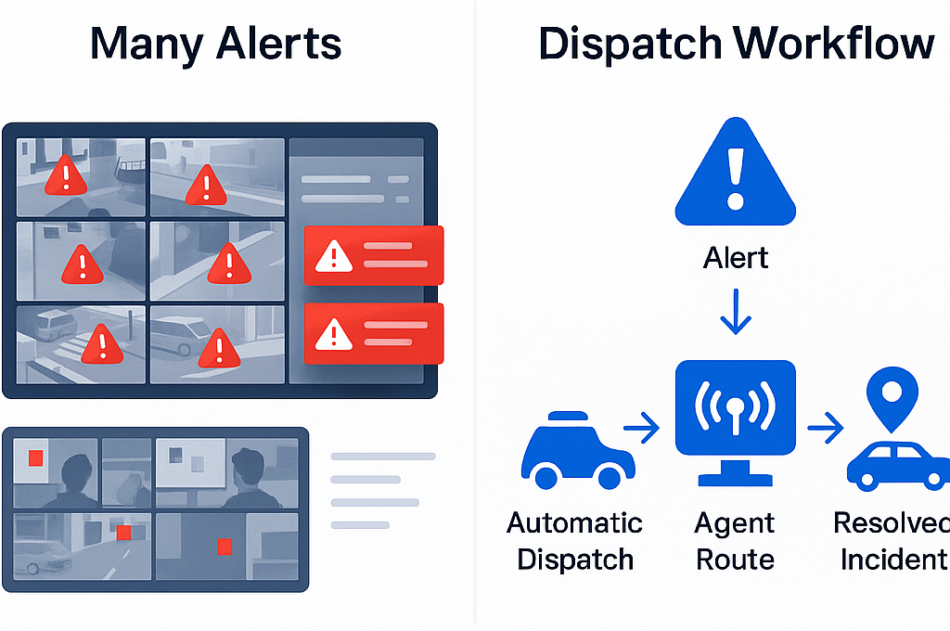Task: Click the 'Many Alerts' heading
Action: pyautogui.click(x=215, y=44)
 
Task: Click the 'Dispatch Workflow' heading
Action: pyautogui.click(x=736, y=44)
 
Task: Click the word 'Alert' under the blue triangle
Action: pyautogui.click(x=736, y=258)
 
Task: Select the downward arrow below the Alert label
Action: pyautogui.click(x=736, y=312)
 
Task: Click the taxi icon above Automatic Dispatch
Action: pyautogui.click(x=575, y=451)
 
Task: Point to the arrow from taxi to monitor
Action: pyautogui.click(x=641, y=429)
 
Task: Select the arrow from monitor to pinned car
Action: pyautogui.click(x=825, y=429)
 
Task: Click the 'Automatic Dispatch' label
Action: pyautogui.click(x=575, y=542)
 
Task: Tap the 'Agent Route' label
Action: pyautogui.click(x=735, y=542)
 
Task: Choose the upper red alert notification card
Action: pyautogui.click(x=374, y=255)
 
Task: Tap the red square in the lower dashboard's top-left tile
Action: pyautogui.click(x=36, y=457)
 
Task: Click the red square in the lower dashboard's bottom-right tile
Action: pyautogui.click(x=224, y=546)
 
